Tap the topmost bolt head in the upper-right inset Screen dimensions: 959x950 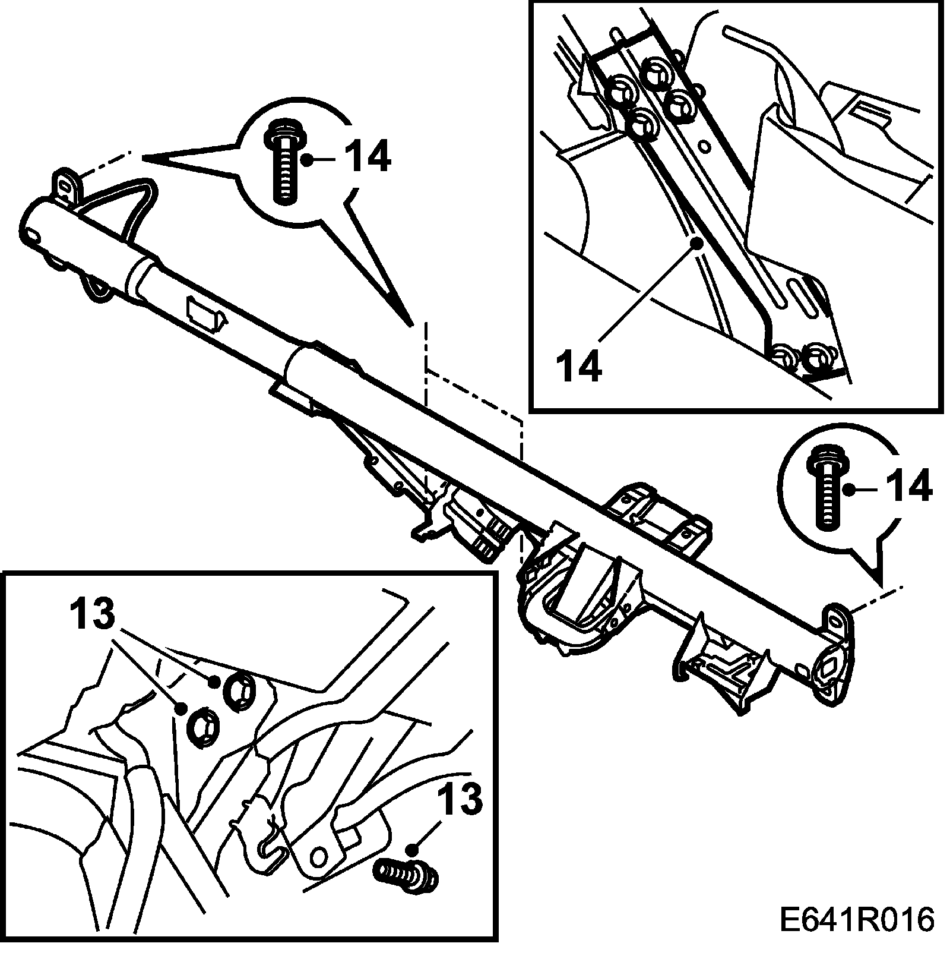pyautogui.click(x=655, y=70)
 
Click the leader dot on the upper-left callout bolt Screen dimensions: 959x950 pyautogui.click(x=307, y=159)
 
